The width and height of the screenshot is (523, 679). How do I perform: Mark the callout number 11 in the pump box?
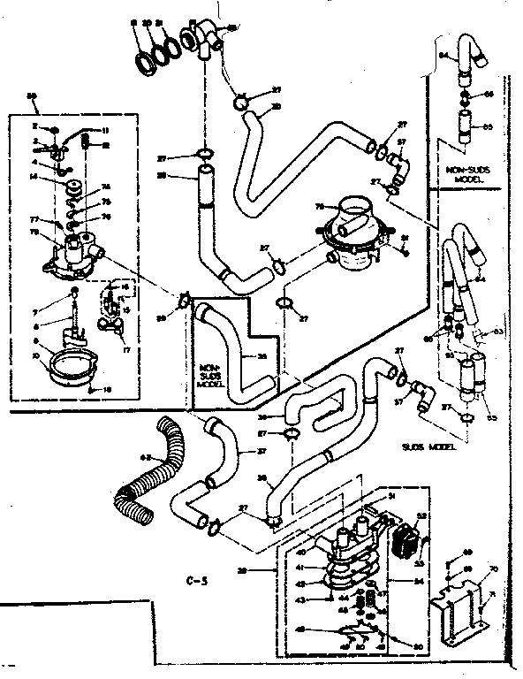coord(105,131)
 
